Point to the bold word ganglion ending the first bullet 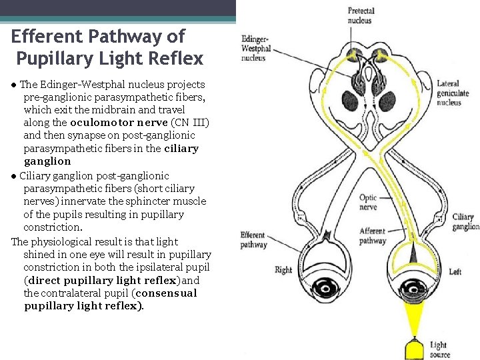(x=47, y=161)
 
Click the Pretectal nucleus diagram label (x=361, y=15)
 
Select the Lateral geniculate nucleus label (x=453, y=93)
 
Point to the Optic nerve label (x=368, y=202)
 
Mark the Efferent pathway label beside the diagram (x=253, y=240)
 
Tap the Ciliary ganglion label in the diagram (x=465, y=222)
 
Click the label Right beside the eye (x=283, y=270)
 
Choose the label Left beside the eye (x=455, y=272)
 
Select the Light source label (x=439, y=349)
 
